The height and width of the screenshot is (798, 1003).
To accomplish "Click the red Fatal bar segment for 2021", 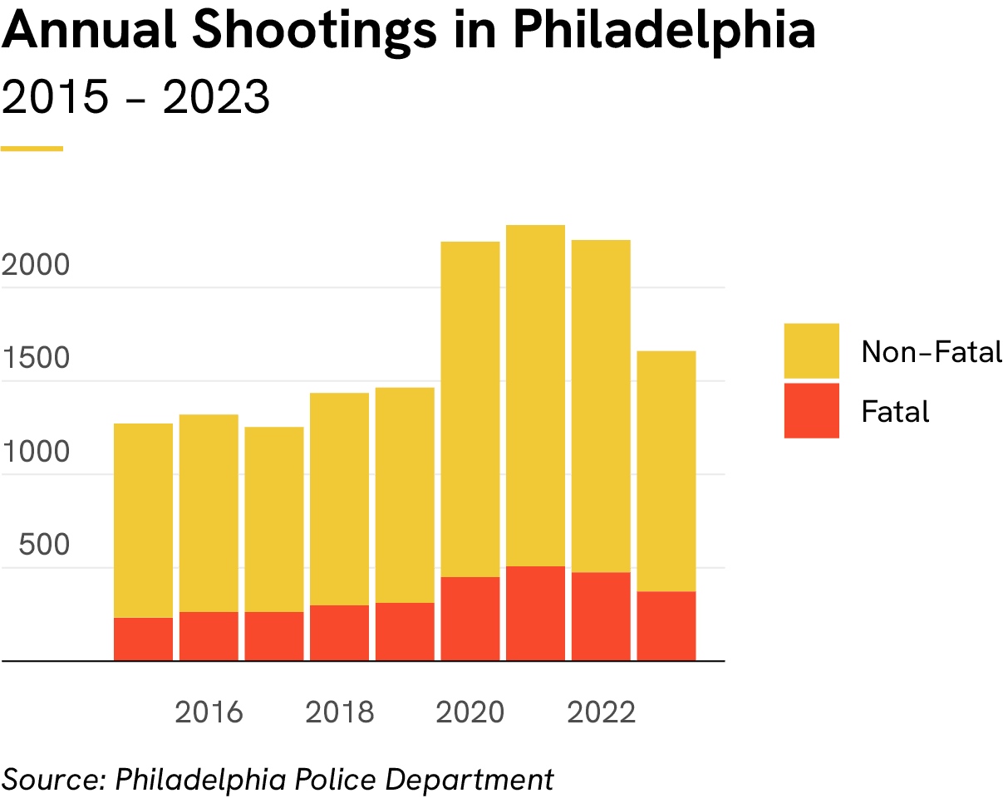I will pos(535,613).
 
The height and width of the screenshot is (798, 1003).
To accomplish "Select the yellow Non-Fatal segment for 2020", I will pos(470,409).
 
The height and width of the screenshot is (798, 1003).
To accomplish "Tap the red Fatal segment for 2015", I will pos(143,639).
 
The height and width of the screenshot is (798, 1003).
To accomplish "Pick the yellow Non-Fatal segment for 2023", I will pos(666,470).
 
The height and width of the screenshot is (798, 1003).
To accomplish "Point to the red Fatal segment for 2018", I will pos(339,633).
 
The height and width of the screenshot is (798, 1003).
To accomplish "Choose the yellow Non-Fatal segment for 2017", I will pos(273,519).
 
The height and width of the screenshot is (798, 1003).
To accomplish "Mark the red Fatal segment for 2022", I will pos(601,615).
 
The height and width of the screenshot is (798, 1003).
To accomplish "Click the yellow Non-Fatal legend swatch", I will pos(811,351).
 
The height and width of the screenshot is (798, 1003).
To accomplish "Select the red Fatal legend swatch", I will pos(811,410).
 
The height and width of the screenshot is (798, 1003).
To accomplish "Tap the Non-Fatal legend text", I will pos(931,352).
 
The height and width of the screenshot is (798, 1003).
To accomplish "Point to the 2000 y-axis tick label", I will pos(35,266).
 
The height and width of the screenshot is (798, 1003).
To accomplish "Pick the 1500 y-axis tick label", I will pos(35,359).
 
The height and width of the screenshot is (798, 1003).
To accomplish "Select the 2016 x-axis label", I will pos(208,712).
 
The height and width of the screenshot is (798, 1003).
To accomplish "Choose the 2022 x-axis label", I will pos(601,712).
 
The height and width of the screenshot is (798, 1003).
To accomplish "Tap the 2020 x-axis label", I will pos(470,712).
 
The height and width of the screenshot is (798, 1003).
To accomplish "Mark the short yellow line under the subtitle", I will pos(32,149).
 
